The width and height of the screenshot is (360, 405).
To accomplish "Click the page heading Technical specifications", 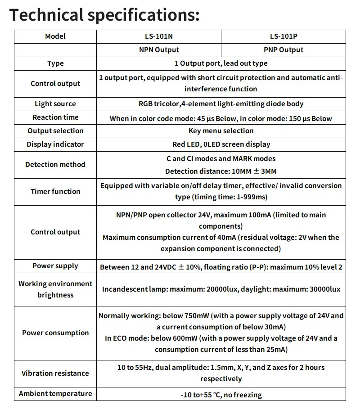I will coord(104,15).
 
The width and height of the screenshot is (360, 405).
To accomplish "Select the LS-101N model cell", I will coord(159,36).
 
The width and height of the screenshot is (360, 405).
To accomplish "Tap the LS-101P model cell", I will coord(283,36).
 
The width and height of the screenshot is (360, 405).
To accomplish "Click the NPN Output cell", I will coord(159,50).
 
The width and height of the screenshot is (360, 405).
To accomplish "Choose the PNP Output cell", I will coord(283,50).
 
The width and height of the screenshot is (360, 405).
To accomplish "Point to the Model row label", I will coord(55,36).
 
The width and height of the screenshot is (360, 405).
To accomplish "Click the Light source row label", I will coord(55,104).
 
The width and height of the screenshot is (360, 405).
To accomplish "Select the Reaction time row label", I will coord(55,117).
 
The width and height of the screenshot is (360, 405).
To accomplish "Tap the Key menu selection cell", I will coord(221,131).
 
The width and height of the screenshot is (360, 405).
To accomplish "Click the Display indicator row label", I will coord(55,144).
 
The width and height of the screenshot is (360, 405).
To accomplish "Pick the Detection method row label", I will coord(55,165).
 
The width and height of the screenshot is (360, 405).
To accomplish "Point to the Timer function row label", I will coord(55,192).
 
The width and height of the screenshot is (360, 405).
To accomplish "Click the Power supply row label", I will coord(55,266).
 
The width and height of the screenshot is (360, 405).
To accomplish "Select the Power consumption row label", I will coord(55,333).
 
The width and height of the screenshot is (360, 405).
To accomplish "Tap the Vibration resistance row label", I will coord(55,373).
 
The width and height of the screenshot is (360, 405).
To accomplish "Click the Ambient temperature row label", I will coord(55,394).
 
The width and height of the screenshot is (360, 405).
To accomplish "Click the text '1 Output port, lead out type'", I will coord(221,63).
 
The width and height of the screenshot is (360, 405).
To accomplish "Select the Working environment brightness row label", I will coord(55,289).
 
